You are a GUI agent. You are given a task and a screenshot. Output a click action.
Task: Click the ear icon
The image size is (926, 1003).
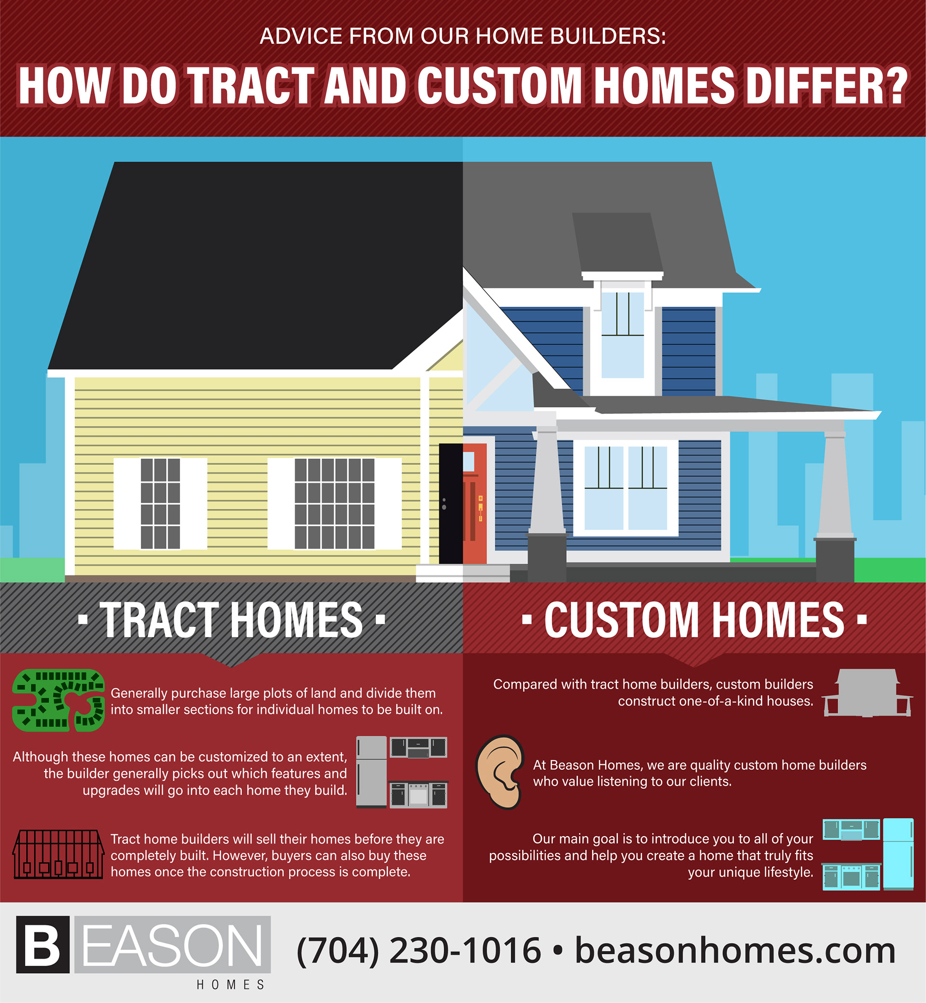click(x=499, y=772)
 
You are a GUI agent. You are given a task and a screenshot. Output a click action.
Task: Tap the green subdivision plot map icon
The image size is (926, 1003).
click(x=59, y=700)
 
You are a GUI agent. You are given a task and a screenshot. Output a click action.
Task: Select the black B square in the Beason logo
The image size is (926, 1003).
click(x=42, y=944)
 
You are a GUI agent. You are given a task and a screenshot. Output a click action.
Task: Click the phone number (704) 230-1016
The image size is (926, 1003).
click(x=419, y=950)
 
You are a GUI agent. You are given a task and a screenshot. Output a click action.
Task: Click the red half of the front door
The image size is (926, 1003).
click(x=475, y=503)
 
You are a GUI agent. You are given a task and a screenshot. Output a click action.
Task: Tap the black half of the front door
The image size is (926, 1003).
click(x=451, y=503)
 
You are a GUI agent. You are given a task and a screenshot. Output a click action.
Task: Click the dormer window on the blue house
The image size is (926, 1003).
click(x=622, y=335)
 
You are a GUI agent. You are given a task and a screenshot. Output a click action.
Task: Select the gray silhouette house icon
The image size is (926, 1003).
click(x=866, y=693)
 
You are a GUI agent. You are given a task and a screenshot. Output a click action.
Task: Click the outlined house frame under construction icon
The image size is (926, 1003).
click(x=59, y=854)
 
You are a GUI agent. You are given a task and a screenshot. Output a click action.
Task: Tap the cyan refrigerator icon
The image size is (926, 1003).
click(x=899, y=854)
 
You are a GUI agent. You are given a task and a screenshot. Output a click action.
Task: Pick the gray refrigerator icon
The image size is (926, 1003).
click(x=371, y=772)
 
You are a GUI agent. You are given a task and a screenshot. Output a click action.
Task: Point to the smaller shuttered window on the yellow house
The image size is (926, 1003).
click(x=160, y=503)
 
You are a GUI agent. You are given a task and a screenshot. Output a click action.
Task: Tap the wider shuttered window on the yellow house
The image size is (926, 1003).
click(x=334, y=503)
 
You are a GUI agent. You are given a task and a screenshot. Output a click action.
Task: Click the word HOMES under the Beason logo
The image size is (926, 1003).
click(x=231, y=985)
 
